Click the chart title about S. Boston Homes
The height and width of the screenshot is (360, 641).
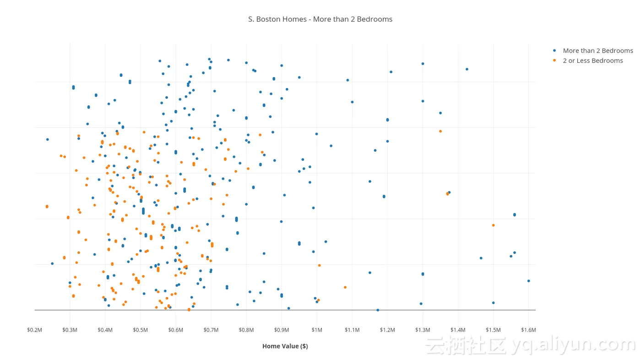coord(320,19)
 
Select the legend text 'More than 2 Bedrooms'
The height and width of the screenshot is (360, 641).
coord(598,51)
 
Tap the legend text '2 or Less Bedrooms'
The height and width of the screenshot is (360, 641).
coord(593,60)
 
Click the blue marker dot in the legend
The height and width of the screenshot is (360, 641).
coord(554,50)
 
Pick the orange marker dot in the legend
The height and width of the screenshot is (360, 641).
coord(554,60)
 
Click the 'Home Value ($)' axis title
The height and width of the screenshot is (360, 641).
coord(285,346)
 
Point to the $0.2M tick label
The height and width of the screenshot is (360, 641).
coord(35,330)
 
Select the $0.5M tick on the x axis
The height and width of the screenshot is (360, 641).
coord(141,330)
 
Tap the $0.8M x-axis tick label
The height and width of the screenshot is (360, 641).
coord(246,330)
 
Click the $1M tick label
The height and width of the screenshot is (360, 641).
coord(317,330)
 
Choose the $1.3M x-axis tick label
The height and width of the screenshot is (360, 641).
coord(423,330)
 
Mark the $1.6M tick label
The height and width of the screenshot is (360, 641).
coord(528,330)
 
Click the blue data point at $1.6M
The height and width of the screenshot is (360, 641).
coord(528,281)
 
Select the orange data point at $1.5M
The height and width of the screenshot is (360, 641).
coord(493,225)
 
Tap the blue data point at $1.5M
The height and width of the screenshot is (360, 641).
coord(493,303)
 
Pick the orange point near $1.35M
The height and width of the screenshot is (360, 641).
coord(440,131)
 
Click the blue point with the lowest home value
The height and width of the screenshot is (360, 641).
coord(47,139)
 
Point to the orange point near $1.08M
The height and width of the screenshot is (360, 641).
coord(345,287)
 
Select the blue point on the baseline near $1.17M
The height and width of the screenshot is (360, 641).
coord(378,310)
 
